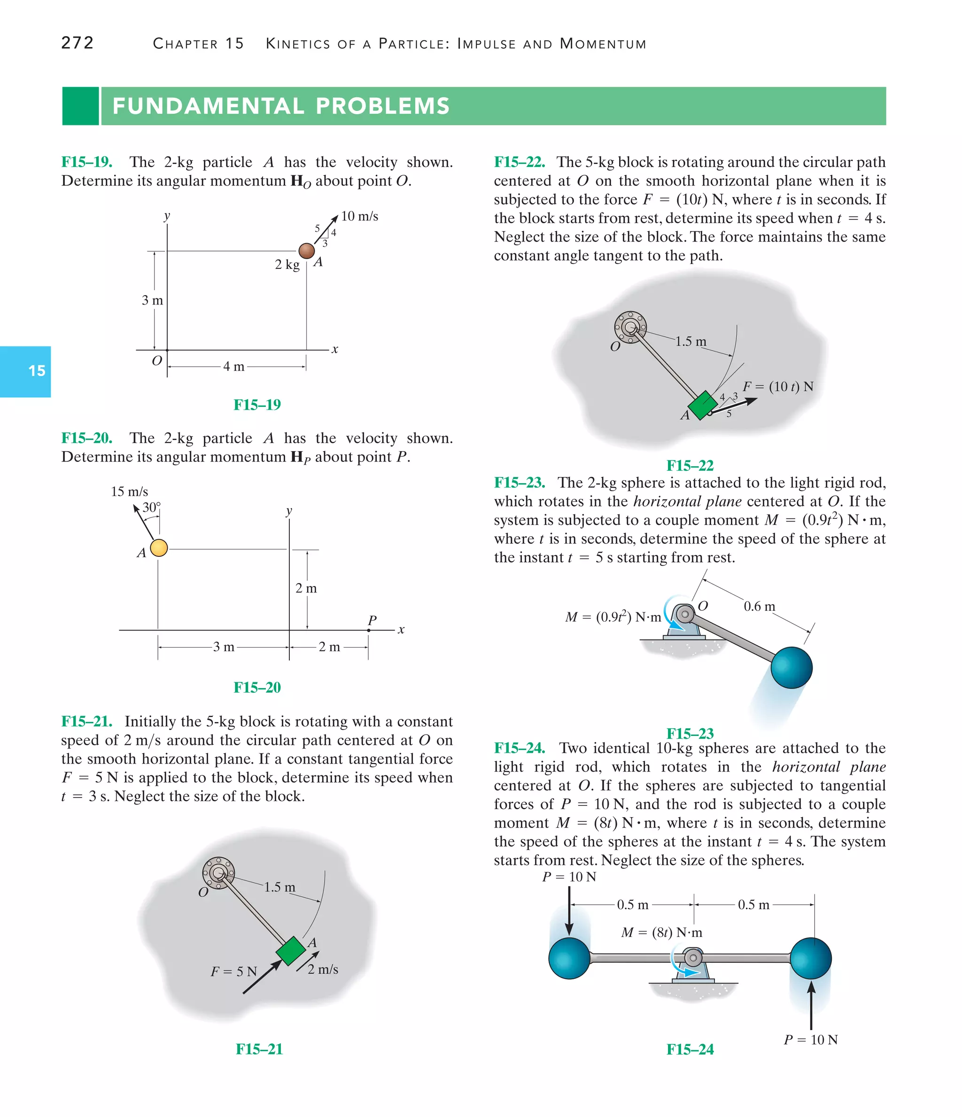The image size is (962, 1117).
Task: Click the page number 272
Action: coord(78,43)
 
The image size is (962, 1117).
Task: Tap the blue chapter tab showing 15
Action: coord(25,371)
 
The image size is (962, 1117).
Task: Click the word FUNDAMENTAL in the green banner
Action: coord(207,106)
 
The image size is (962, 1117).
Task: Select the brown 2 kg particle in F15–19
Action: coord(307,250)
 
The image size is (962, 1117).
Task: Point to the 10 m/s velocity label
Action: coord(359,216)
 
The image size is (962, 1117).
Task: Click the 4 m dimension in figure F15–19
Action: coord(234,367)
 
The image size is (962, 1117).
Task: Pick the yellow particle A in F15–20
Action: coord(158,548)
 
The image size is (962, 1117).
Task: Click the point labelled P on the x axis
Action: coord(369,629)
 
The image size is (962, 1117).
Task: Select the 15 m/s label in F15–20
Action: coord(129,492)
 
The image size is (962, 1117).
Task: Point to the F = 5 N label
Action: coord(234,971)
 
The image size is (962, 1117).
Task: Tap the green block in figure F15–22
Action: coord(702,405)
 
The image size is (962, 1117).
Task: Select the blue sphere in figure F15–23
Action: coord(791,667)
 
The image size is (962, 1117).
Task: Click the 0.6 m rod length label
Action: coord(759,607)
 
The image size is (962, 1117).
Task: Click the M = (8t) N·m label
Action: coord(661,933)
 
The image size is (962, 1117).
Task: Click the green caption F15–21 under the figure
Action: coord(259,1048)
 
